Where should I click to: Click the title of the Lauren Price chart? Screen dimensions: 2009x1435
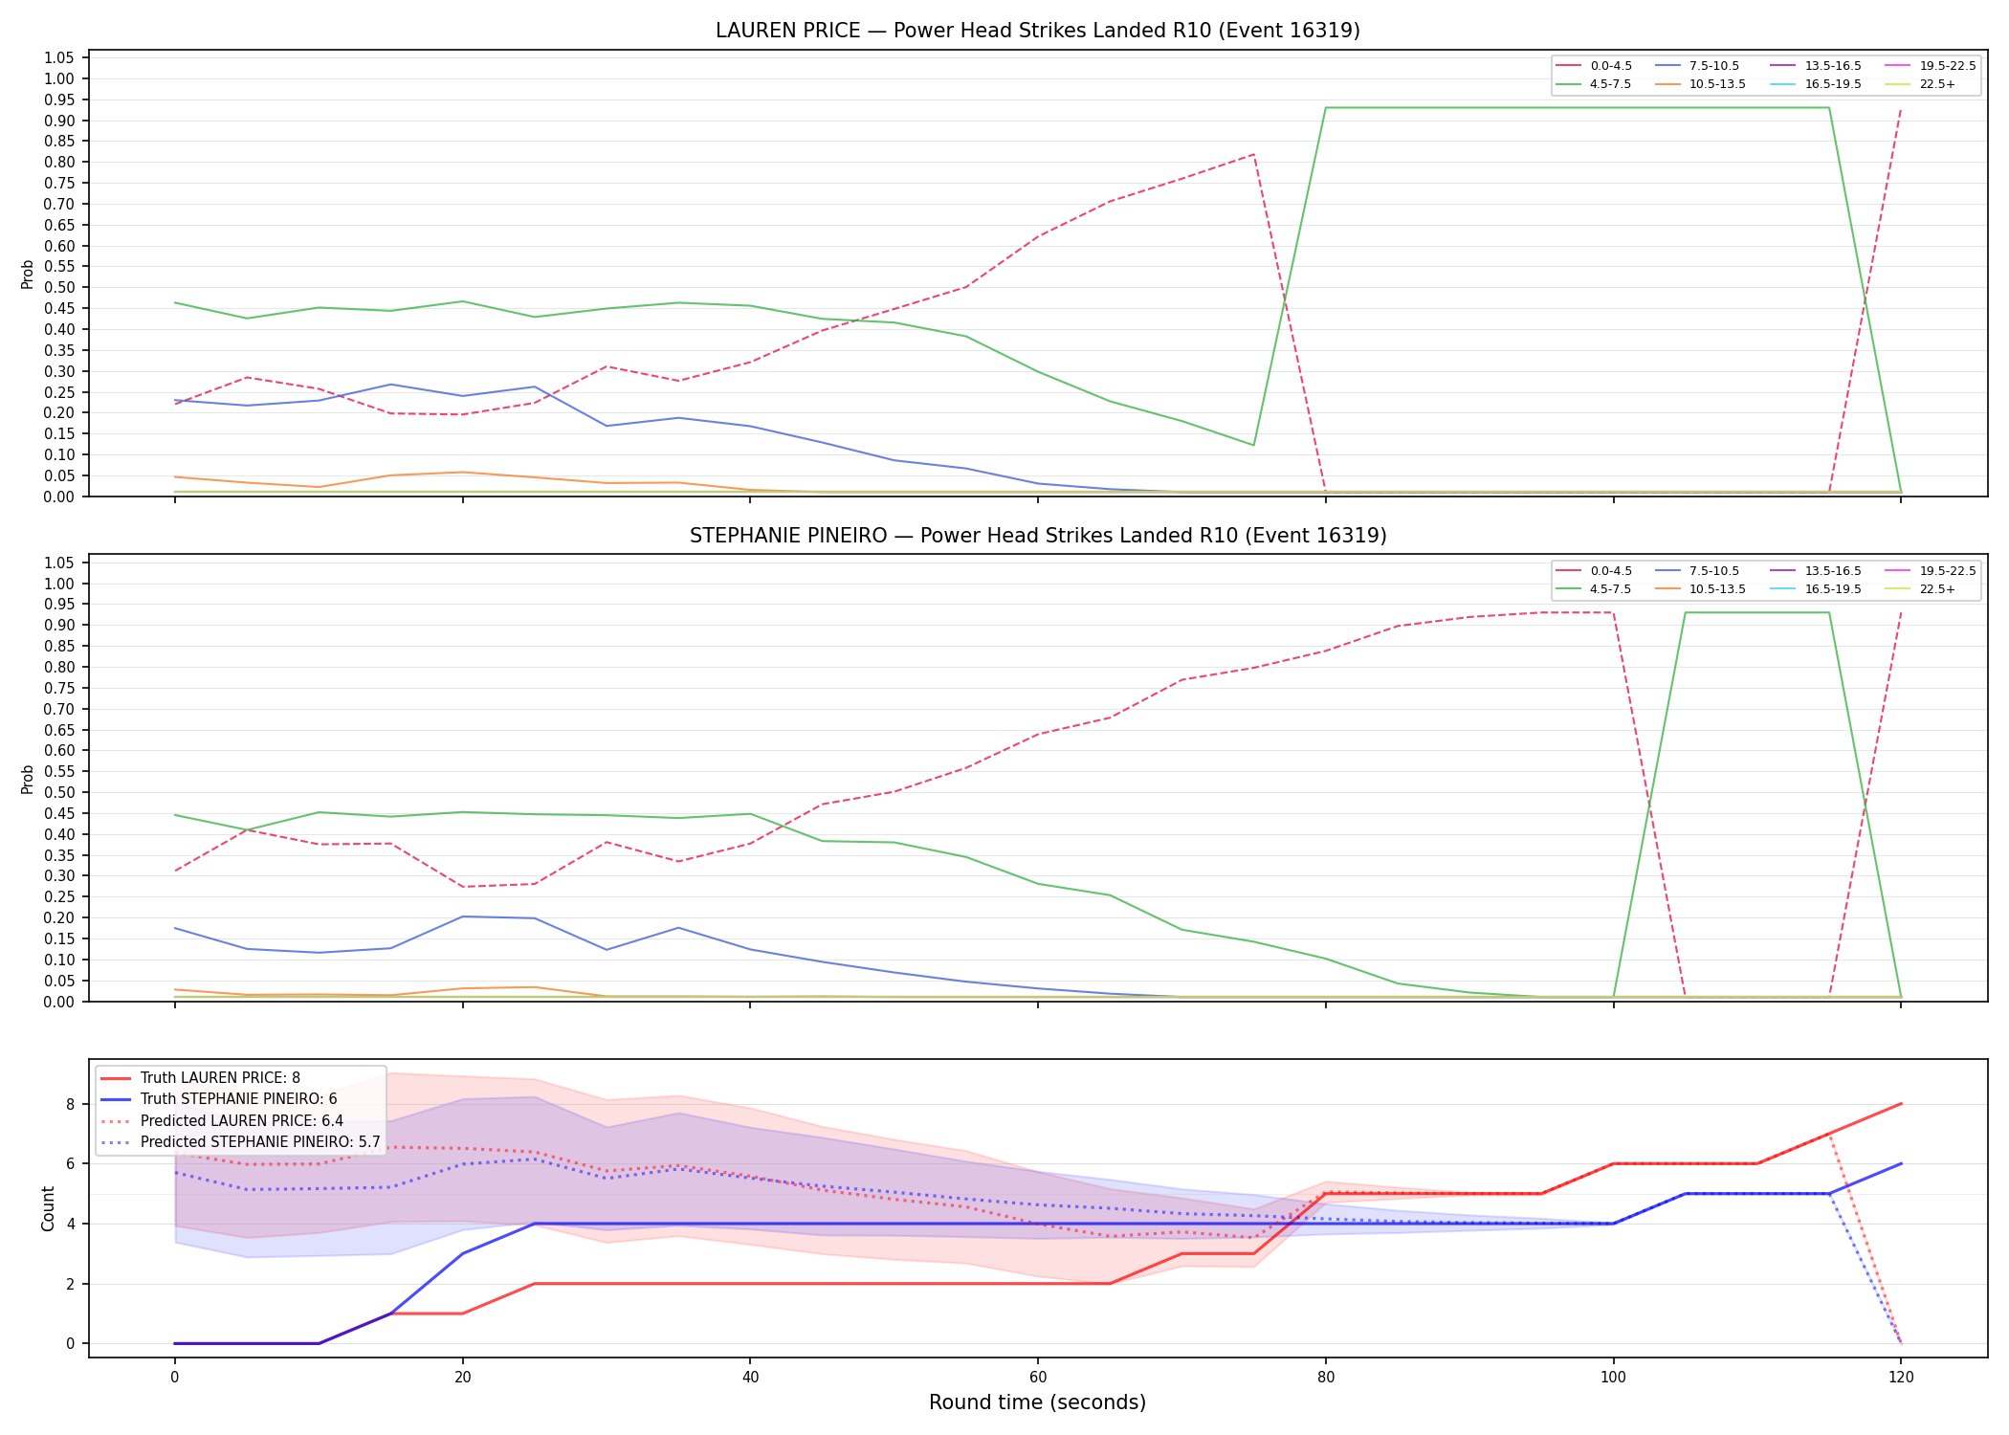point(1038,31)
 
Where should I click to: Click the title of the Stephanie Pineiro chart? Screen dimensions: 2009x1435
point(1038,536)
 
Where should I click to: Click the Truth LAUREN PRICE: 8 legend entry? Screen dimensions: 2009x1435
point(200,1078)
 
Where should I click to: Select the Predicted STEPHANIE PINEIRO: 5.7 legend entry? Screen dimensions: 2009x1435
point(240,1142)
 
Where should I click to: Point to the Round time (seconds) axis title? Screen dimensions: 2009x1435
point(1037,1402)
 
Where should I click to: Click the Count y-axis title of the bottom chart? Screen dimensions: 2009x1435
point(48,1208)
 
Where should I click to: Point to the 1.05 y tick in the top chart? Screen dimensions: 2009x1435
point(59,58)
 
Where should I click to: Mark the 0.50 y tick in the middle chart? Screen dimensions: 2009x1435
point(59,792)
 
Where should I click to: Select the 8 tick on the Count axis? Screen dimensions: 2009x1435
point(70,1104)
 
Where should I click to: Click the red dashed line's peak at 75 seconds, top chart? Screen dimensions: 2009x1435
point(1253,154)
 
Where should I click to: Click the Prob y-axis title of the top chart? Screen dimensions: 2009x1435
point(28,275)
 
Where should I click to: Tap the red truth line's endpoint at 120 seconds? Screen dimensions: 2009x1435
point(1900,1104)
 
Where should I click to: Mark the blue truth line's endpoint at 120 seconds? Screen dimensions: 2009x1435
point(1900,1163)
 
